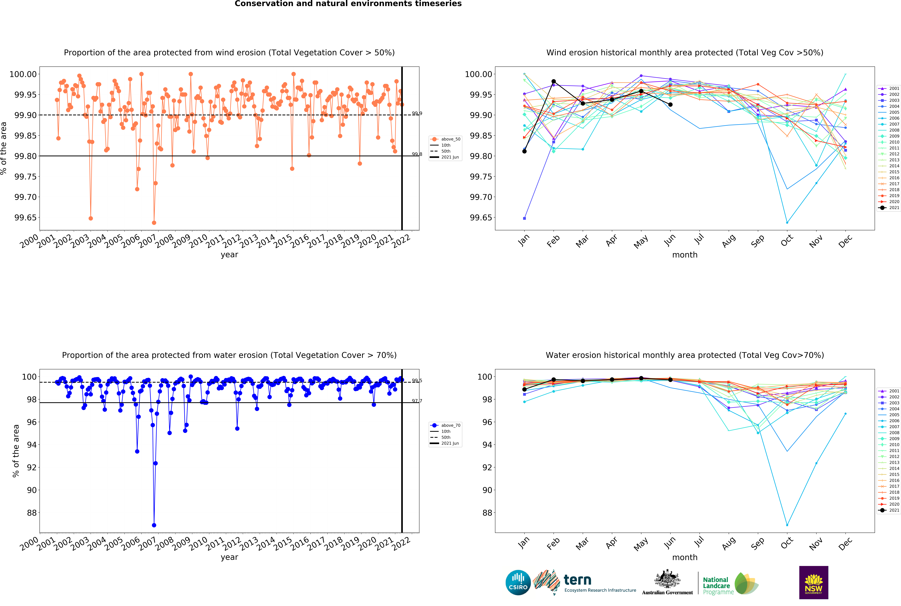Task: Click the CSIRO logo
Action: pyautogui.click(x=518, y=582)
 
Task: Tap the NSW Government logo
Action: pyautogui.click(x=813, y=582)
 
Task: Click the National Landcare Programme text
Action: pyautogui.click(x=718, y=586)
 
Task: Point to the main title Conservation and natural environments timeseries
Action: pyautogui.click(x=348, y=4)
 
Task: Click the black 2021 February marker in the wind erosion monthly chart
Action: pyautogui.click(x=553, y=82)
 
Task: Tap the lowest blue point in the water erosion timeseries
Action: pyautogui.click(x=154, y=525)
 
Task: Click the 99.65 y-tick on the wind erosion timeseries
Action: pyautogui.click(x=25, y=218)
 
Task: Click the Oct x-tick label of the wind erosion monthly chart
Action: pyautogui.click(x=787, y=240)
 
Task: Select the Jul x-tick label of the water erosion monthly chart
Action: pyautogui.click(x=699, y=542)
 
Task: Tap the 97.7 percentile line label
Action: pyautogui.click(x=417, y=401)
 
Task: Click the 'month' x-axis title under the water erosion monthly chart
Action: pyautogui.click(x=685, y=557)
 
